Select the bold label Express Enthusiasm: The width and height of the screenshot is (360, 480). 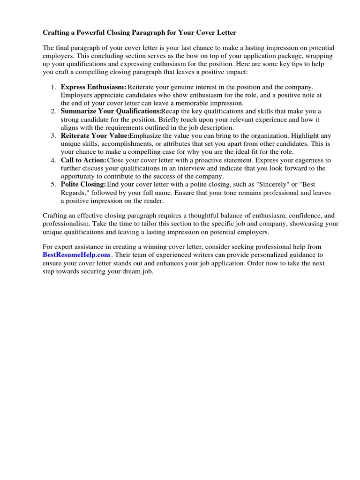coord(93,87)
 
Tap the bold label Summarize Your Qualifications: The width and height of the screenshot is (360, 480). coord(111,112)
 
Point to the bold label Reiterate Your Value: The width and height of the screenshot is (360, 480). coord(95,136)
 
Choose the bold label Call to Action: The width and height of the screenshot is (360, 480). coord(83,160)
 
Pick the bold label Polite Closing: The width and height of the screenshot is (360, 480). coord(83,185)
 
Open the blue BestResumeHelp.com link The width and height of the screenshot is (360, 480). coord(76,255)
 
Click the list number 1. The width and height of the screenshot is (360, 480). coord(53,87)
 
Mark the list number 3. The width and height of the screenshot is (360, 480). coord(53,136)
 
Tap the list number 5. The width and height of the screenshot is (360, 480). coord(53,185)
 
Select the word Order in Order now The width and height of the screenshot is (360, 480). coord(254,263)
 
